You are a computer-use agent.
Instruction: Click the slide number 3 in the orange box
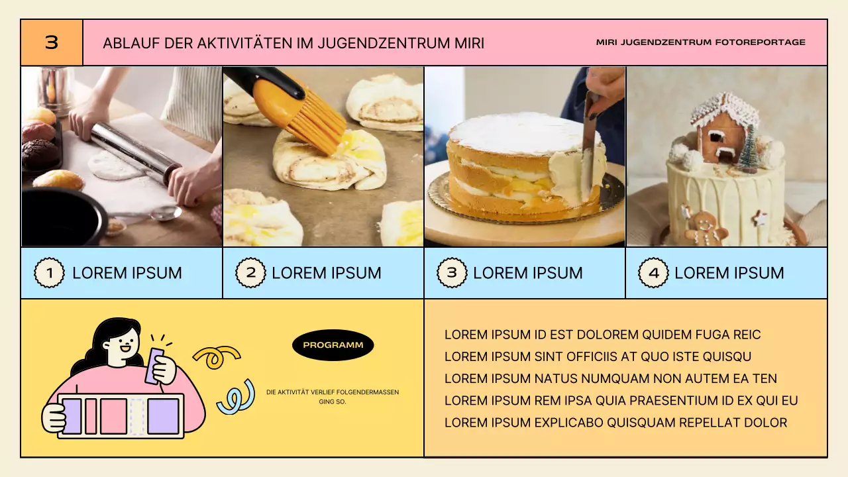point(52,43)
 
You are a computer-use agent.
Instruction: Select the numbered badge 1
point(49,273)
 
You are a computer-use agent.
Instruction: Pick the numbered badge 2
point(250,273)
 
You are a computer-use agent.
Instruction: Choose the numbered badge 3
point(452,273)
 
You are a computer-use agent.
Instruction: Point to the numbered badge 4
point(653,273)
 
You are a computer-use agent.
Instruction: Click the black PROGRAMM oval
point(333,345)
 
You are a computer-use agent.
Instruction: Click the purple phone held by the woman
point(157,365)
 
